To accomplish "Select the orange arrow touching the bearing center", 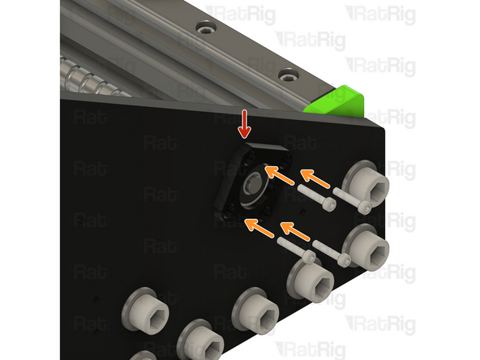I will [x=278, y=173].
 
